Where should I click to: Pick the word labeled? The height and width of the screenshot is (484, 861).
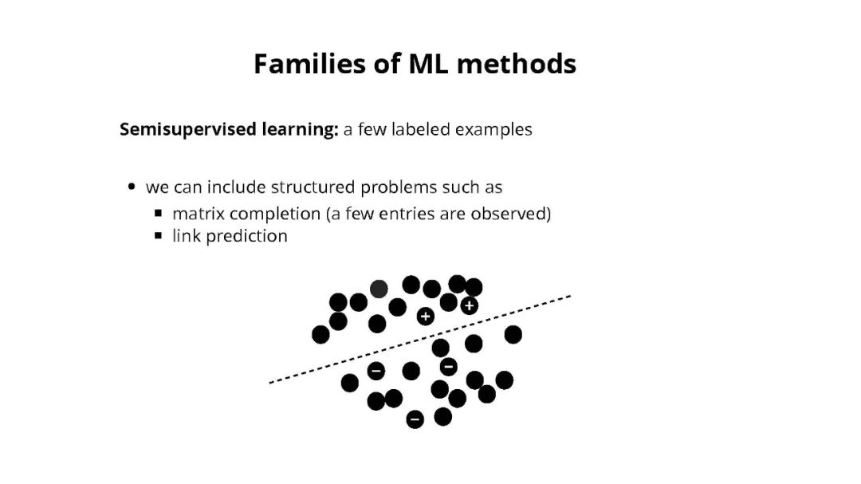tap(421, 129)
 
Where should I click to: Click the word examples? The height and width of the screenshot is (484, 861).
tap(493, 129)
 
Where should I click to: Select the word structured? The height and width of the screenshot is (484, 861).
tap(313, 187)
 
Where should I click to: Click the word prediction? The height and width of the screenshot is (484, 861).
tap(246, 236)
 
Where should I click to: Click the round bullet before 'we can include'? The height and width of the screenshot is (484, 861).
tap(132, 187)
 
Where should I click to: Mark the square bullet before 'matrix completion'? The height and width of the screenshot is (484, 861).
tap(159, 214)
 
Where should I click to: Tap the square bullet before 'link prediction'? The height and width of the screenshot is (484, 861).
tap(159, 236)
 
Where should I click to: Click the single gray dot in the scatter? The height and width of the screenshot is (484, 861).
tap(379, 289)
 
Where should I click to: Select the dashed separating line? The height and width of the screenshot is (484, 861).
tap(420, 340)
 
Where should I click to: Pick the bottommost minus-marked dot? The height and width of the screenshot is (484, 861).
tap(415, 419)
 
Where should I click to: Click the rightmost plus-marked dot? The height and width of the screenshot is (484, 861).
tap(469, 305)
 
